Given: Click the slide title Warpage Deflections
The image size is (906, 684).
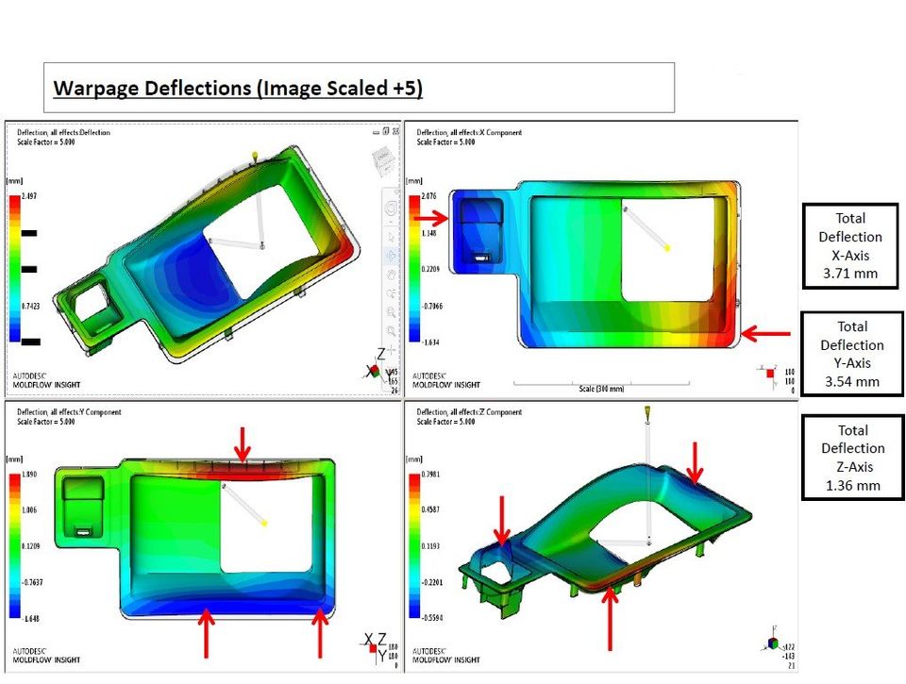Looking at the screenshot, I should [x=238, y=89].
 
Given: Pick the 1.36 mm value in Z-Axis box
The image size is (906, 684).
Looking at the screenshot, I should [x=851, y=485].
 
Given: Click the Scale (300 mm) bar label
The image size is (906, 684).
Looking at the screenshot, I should [x=604, y=389].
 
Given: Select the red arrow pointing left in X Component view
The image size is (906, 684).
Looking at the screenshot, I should [x=764, y=333].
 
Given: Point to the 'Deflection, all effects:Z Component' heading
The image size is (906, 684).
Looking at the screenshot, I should [x=469, y=412].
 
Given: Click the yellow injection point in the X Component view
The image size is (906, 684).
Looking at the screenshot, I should [x=668, y=247].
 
